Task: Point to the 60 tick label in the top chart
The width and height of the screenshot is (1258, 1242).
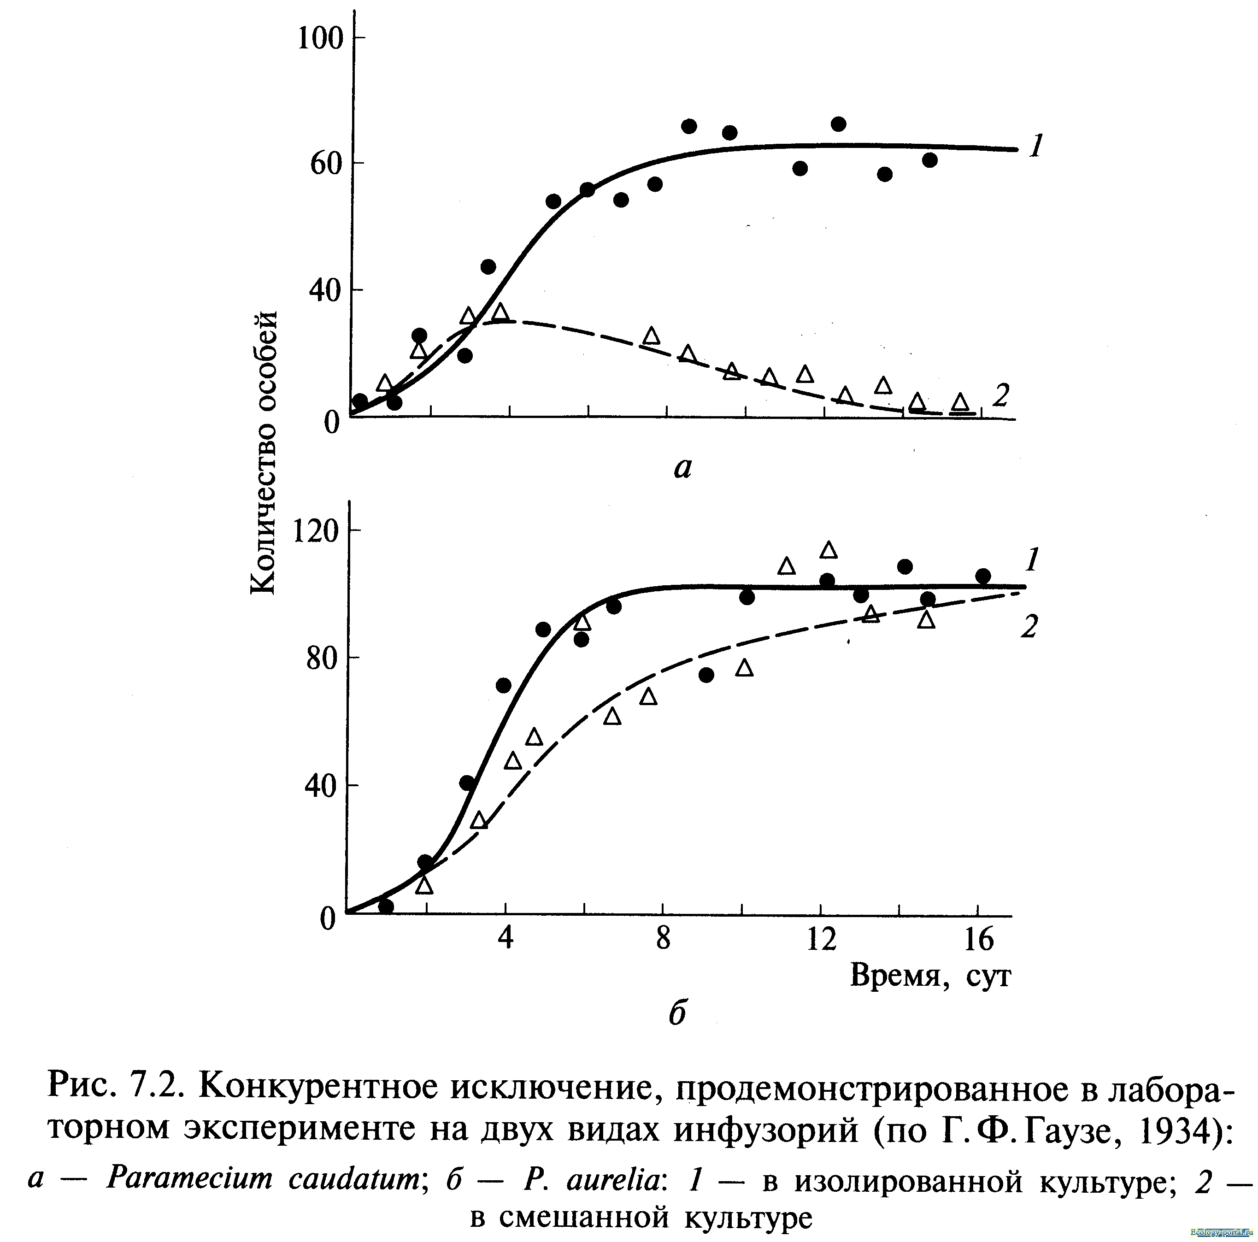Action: point(326,164)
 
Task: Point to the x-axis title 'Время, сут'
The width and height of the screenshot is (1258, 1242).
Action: point(930,975)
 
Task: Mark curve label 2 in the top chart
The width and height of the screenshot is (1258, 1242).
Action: point(1001,394)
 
